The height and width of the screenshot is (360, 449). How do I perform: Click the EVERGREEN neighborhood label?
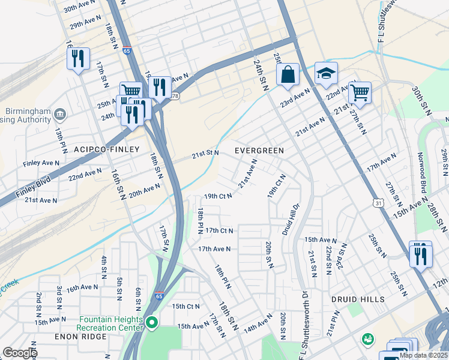coord(259,150)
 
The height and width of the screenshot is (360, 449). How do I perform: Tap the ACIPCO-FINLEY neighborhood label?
coord(106,149)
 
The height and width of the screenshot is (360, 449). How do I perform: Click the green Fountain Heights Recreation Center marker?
coord(152,324)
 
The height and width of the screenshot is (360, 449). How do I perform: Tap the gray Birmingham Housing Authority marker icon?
coord(60,114)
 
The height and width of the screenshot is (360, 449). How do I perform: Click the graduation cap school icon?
coord(326,73)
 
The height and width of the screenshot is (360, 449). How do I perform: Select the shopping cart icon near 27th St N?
coord(360,92)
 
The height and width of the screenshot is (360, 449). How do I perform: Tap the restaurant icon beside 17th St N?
coord(78,58)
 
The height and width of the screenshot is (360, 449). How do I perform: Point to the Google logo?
coord(19,353)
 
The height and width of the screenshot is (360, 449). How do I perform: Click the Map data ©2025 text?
coord(423,355)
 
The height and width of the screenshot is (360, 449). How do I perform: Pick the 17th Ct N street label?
coord(219,230)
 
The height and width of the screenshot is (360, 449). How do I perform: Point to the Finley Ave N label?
coord(41,163)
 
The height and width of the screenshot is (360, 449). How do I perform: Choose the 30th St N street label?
coord(422,100)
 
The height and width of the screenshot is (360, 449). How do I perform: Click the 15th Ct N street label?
coord(186,306)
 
